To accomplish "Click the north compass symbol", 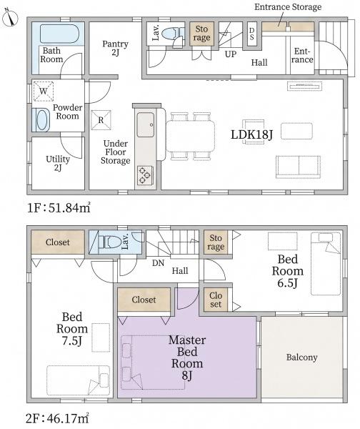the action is pyautogui.click(x=10, y=18).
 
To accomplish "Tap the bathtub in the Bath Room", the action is pyautogui.click(x=59, y=34).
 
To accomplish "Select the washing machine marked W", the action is pyautogui.click(x=43, y=91).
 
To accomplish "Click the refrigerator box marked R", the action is pyautogui.click(x=101, y=120).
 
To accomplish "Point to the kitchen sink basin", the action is pyautogui.click(x=146, y=124).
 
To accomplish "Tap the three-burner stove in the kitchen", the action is pyautogui.click(x=145, y=175).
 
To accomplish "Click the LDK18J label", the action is pyautogui.click(x=251, y=134).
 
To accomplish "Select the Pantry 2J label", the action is pyautogui.click(x=115, y=48).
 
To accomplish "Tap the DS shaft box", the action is pyautogui.click(x=251, y=34).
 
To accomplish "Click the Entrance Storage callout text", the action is pyautogui.click(x=288, y=7).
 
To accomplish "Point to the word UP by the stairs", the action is pyautogui.click(x=231, y=54).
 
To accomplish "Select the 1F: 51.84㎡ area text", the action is pyautogui.click(x=59, y=208).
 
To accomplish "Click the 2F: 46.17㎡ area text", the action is pyautogui.click(x=57, y=418).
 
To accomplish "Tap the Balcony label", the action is pyautogui.click(x=301, y=357).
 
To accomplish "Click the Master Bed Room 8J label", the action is pyautogui.click(x=187, y=357).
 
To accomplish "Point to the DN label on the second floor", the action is pyautogui.click(x=158, y=263).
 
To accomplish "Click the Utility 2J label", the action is pyautogui.click(x=58, y=163).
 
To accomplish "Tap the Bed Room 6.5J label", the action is pyautogui.click(x=288, y=271).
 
